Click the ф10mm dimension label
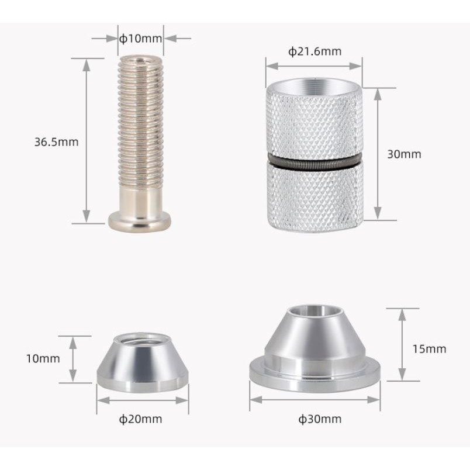pyautogui.click(x=140, y=39)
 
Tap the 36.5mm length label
pyautogui.click(x=56, y=141)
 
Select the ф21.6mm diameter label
pyautogui.click(x=315, y=51)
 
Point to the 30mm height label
pyautogui.click(x=404, y=154)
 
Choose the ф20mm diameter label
pyautogui.click(x=140, y=419)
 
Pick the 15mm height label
pyautogui.click(x=428, y=349)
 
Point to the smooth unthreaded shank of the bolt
pyautogui.click(x=140, y=199)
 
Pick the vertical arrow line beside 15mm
pyautogui.click(x=402, y=345)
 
